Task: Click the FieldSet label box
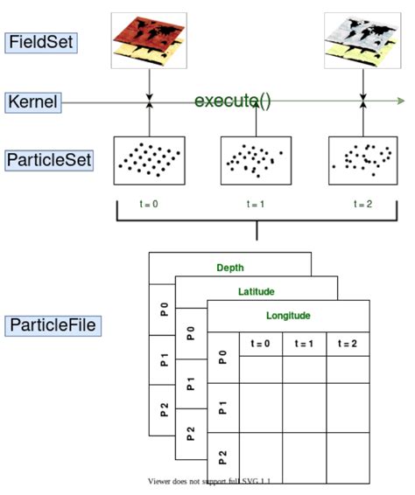(41, 43)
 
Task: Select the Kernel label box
(33, 102)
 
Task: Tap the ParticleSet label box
(49, 161)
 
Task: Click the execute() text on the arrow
(232, 101)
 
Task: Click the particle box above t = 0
(149, 160)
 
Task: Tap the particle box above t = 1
(256, 160)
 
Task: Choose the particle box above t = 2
(362, 160)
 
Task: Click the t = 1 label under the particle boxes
(256, 205)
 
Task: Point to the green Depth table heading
(230, 268)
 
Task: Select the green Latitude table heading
(256, 292)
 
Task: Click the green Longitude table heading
(288, 316)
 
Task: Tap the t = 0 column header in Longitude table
(260, 344)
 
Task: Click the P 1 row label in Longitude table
(222, 407)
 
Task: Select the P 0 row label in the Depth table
(163, 309)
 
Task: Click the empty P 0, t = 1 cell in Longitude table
(303, 369)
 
